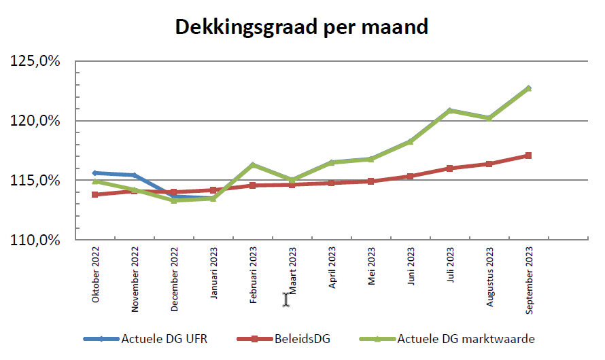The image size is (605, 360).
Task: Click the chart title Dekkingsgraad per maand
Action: click(302, 27)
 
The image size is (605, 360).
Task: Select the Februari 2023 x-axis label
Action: click(254, 279)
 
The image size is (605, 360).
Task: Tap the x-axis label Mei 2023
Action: click(372, 268)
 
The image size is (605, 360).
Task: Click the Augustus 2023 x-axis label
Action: click(490, 279)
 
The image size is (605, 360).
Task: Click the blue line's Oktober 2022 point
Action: click(96, 173)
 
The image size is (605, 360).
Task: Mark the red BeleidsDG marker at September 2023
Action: click(529, 156)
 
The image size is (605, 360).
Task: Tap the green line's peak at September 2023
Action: click(529, 88)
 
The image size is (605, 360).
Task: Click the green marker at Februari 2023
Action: click(253, 165)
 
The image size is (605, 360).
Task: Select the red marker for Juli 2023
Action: click(450, 168)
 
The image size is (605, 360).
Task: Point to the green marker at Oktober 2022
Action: click(96, 181)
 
